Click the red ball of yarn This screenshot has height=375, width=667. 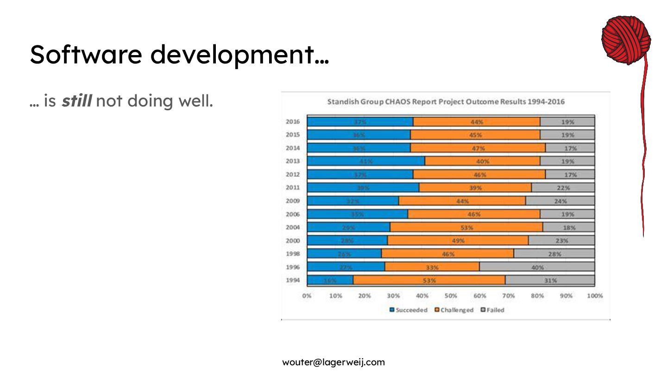point(626,40)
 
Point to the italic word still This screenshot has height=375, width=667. point(77,100)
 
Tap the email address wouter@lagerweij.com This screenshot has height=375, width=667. point(333,362)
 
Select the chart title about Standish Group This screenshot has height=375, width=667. point(446,101)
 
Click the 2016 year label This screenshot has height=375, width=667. point(293,122)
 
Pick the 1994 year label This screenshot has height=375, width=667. point(293,280)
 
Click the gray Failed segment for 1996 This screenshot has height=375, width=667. point(537,267)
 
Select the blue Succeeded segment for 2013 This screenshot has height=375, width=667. point(366,161)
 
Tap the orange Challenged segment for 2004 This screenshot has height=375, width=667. point(466,227)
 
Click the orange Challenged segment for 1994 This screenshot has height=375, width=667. point(429,280)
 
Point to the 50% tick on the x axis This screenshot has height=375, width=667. point(451,295)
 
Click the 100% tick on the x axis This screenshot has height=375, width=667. point(595,295)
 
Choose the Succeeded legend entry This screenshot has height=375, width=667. point(409,310)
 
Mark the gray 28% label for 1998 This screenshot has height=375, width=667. point(554,254)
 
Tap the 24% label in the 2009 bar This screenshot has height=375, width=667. point(560,201)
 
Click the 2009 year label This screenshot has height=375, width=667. point(293,201)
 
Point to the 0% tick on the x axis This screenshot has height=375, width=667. point(307,295)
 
